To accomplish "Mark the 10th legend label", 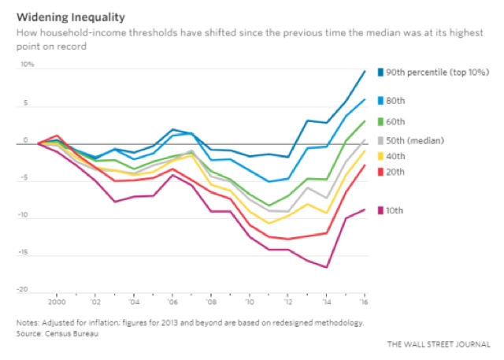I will pyautogui.click(x=396, y=210).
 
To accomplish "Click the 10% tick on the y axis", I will pyautogui.click(x=28, y=65).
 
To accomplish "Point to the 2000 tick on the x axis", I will pyautogui.click(x=57, y=302).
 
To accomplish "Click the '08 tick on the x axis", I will pyautogui.click(x=210, y=302).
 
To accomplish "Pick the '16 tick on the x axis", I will pyautogui.click(x=364, y=302).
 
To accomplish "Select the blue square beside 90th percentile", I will pyautogui.click(x=380, y=72).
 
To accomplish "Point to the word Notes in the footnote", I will pyautogui.click(x=28, y=322).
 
